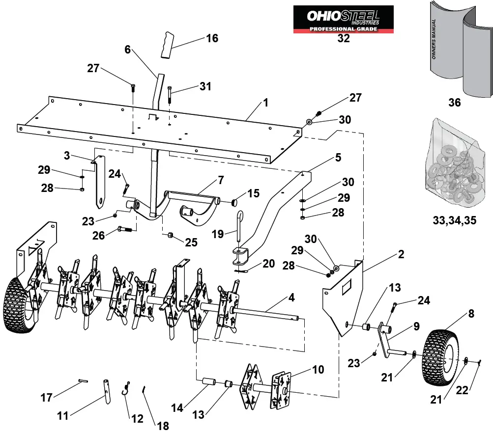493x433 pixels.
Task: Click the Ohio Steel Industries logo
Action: pos(343,19)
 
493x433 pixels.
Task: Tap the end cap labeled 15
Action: pos(235,202)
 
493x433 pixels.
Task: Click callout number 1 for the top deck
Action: pos(265,103)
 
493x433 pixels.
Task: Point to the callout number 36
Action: pos(454,103)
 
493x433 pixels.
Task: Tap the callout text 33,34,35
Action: pos(454,220)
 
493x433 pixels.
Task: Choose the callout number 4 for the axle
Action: pos(291,298)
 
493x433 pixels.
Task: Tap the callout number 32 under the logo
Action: pos(343,39)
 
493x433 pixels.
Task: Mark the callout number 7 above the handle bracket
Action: pos(221,180)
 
